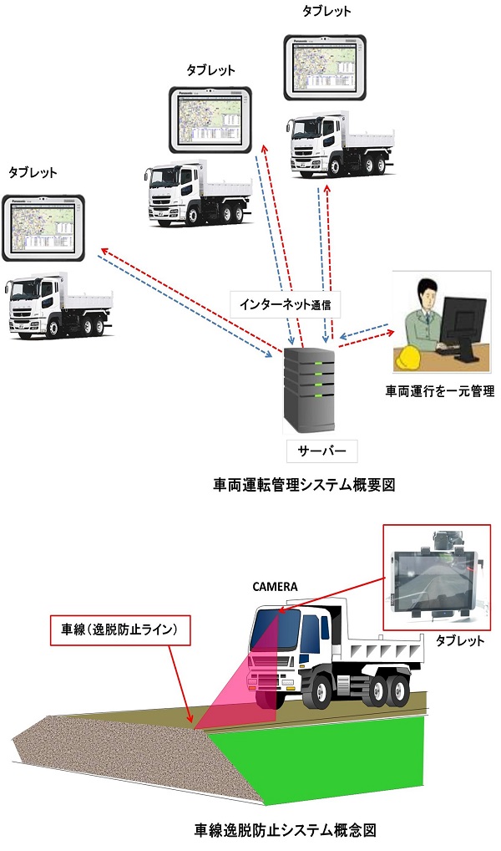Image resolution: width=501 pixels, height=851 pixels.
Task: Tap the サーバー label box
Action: pyautogui.click(x=321, y=451)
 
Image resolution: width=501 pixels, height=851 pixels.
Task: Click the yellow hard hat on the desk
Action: pyautogui.click(x=409, y=358)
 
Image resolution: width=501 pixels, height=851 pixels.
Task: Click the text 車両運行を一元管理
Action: pyautogui.click(x=434, y=390)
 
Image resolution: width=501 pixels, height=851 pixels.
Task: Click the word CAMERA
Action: pyautogui.click(x=275, y=586)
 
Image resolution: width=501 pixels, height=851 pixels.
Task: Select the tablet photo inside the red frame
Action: pyautogui.click(x=436, y=577)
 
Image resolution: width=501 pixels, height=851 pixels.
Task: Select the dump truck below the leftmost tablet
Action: pyautogui.click(x=58, y=307)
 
